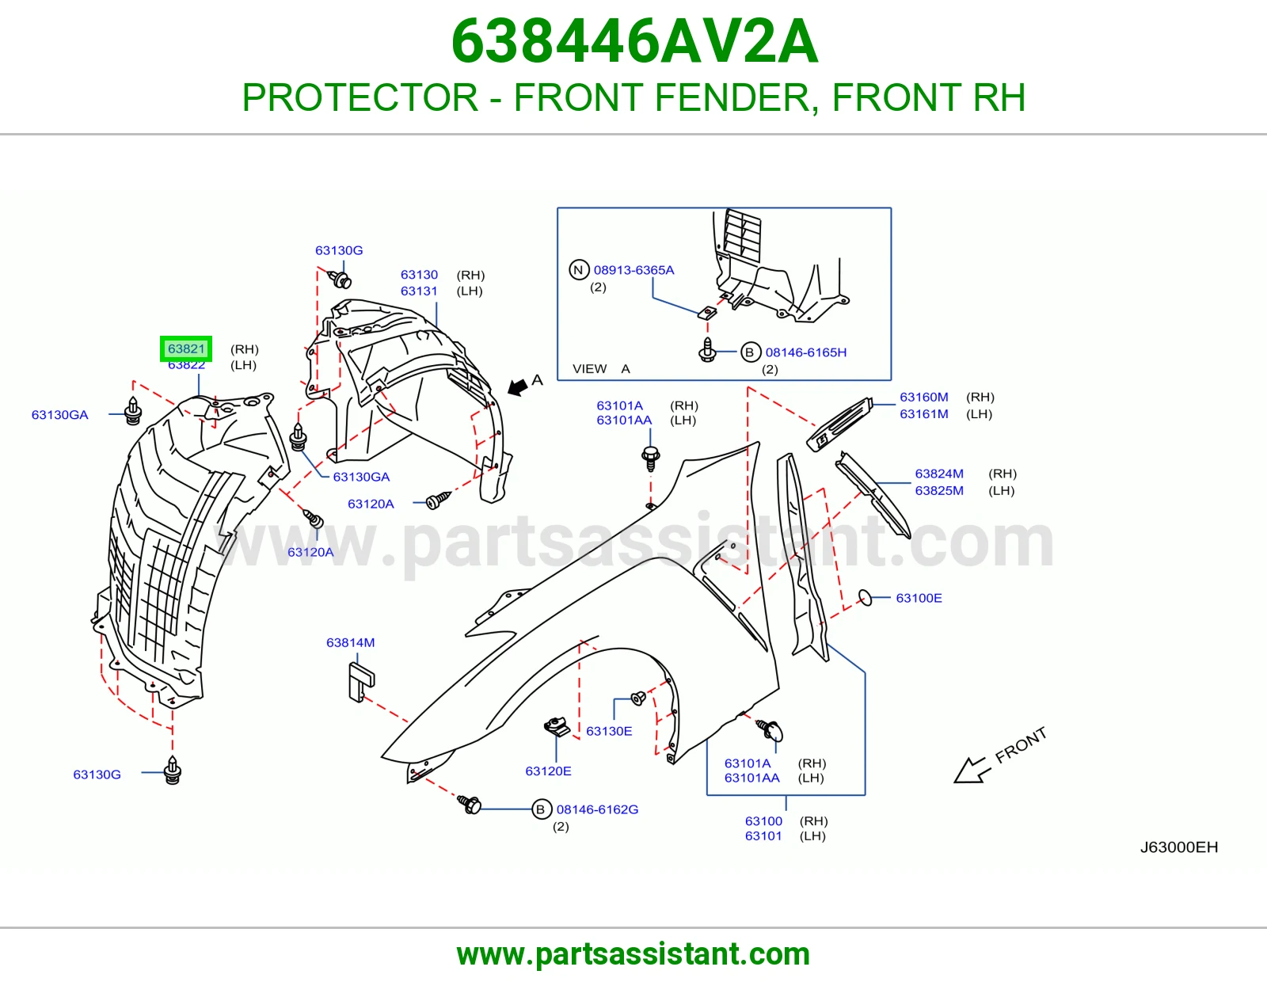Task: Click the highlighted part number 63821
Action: [x=186, y=348]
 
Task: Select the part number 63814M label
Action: [x=351, y=642]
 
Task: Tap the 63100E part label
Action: [x=919, y=598]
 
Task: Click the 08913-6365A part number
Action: [x=633, y=270]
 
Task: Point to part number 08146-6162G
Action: [x=597, y=809]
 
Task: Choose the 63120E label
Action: [x=548, y=771]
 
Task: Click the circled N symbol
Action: [x=578, y=270]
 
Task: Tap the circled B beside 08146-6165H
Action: [x=750, y=352]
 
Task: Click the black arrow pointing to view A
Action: [x=516, y=386]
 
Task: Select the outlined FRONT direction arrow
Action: [x=970, y=771]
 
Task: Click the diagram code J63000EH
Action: [x=1179, y=847]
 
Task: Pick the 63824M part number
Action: [x=938, y=474]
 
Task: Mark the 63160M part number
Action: [x=923, y=397]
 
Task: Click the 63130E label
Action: [x=609, y=731]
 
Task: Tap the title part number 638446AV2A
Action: [x=634, y=41]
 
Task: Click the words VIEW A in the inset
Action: [x=601, y=368]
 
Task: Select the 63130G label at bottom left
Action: [x=97, y=775]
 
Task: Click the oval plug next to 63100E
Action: [x=866, y=598]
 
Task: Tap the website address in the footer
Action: [x=633, y=954]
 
